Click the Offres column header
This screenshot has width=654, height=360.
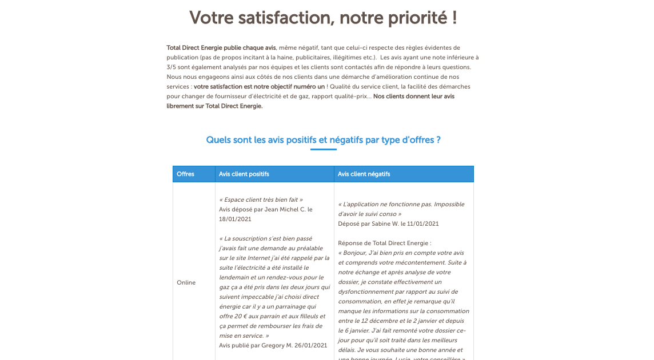[x=186, y=174]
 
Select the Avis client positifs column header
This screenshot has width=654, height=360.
[x=244, y=174]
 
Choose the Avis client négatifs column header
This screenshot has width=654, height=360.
[x=364, y=174]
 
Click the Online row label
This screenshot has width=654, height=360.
[x=186, y=282]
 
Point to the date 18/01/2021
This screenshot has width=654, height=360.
[x=235, y=219]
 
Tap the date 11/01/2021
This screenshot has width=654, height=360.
[x=420, y=223]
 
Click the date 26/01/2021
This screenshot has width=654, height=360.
[x=309, y=345]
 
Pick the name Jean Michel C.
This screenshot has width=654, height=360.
[x=277, y=209]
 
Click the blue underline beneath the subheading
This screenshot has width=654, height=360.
[x=324, y=149]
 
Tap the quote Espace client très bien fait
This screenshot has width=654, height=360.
[x=261, y=199]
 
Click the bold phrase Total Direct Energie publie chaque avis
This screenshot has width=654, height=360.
[x=221, y=47]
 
